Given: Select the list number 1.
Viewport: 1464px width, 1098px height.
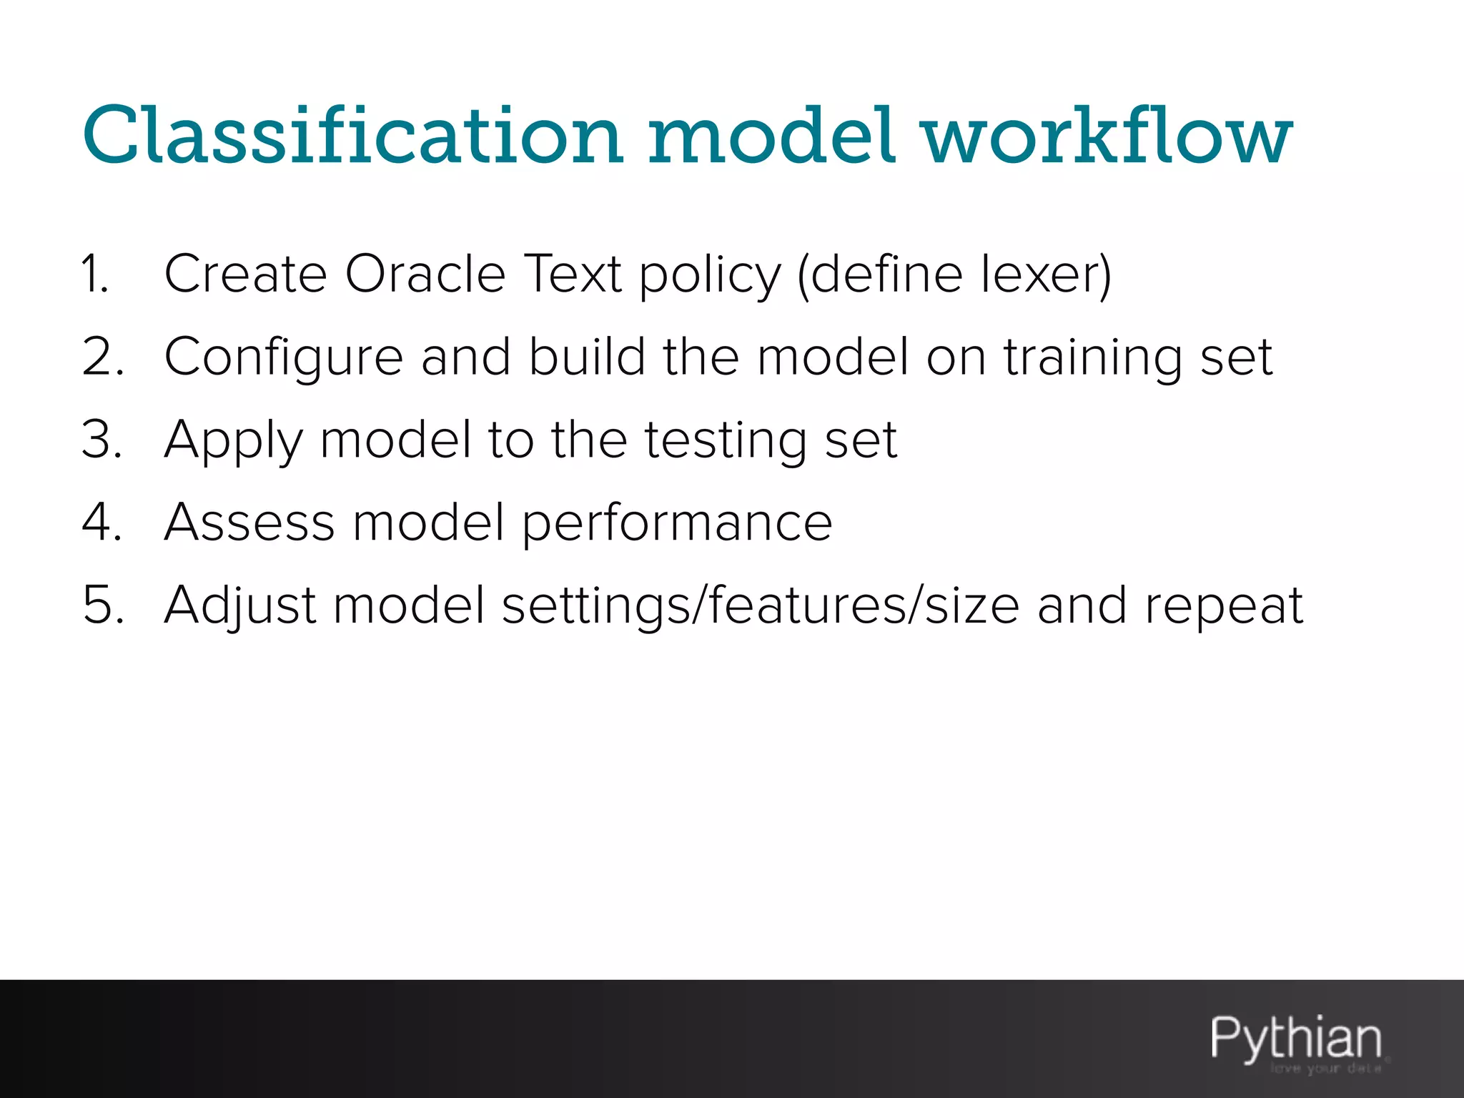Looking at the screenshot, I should [x=95, y=274].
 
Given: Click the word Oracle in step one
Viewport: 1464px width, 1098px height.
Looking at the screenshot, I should [x=425, y=274].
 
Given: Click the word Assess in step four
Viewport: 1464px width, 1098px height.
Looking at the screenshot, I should [x=249, y=523].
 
